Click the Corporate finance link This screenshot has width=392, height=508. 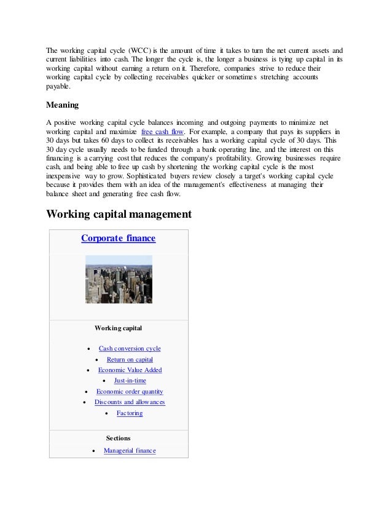coord(118,238)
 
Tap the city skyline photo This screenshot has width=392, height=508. coord(118,279)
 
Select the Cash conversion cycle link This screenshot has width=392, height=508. coord(130,348)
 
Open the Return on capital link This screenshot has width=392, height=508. coord(130,359)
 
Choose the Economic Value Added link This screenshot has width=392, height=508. coord(130,370)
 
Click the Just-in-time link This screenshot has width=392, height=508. coord(130,381)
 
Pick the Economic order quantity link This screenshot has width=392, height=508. coord(130,392)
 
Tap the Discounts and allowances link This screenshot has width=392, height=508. coord(130,402)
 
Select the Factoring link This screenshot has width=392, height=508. coord(130,413)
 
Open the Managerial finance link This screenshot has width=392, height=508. coord(130,451)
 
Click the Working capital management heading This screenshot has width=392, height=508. coord(119,215)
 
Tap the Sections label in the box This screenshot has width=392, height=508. coord(118,439)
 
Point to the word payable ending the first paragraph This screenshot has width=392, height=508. coord(58,87)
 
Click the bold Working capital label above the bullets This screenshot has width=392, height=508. coord(119,328)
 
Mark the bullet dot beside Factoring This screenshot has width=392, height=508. coord(108,413)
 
